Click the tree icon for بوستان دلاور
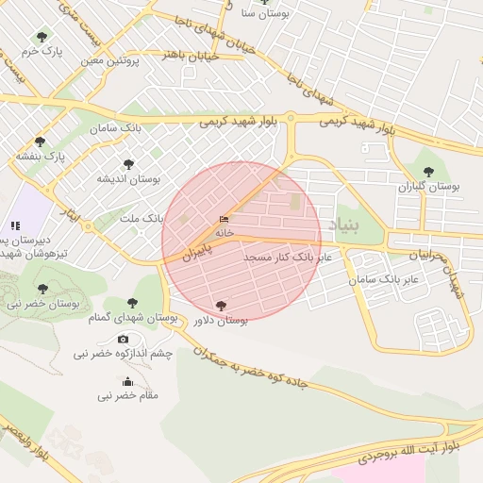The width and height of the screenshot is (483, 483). click(222, 306)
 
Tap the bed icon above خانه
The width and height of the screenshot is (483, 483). click(224, 219)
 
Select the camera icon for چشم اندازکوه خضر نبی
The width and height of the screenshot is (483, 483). click(124, 339)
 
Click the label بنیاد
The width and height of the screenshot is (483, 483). click(345, 225)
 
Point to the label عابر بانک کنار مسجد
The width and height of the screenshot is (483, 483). click(287, 257)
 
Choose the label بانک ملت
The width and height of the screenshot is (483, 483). click(142, 218)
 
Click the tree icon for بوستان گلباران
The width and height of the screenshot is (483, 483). click(429, 172)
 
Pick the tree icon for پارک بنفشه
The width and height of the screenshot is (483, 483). click(40, 142)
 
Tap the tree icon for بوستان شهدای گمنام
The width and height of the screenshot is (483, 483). click(132, 304)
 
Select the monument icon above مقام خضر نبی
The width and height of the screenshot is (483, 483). click(127, 382)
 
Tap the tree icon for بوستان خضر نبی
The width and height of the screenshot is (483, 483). click(42, 289)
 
